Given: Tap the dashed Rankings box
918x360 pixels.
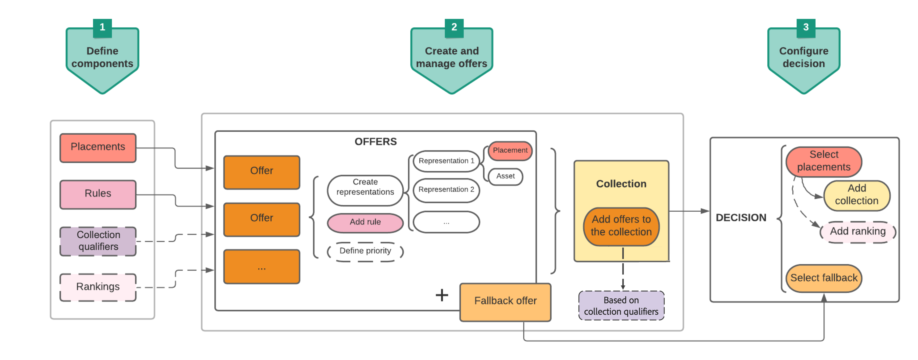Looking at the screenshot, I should [x=98, y=287].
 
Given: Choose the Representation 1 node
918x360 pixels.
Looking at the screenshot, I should [x=446, y=161].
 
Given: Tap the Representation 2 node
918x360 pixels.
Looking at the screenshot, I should [x=446, y=190].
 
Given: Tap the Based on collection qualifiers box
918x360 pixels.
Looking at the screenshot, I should [x=621, y=306].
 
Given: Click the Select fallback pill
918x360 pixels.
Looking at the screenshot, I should [x=824, y=278].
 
